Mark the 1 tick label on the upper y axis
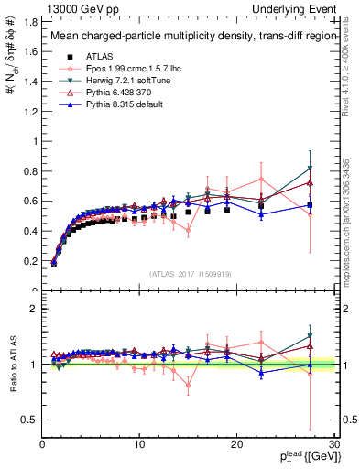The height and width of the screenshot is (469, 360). tap(35, 140)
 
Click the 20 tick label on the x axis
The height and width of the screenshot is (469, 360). tap(235, 443)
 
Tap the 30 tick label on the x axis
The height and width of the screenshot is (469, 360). tap(333, 443)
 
